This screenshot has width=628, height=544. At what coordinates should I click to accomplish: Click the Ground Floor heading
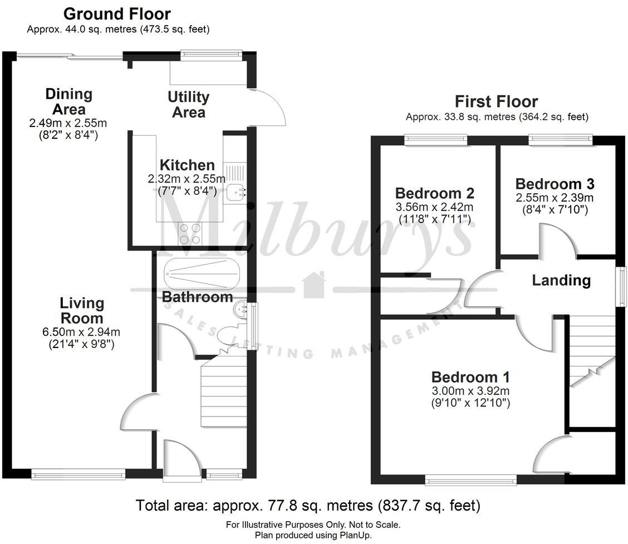[x=117, y=14]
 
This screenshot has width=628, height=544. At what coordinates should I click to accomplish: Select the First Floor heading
[x=496, y=101]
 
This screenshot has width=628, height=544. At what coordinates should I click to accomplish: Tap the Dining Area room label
[x=69, y=101]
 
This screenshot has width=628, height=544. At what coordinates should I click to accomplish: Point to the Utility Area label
[x=189, y=105]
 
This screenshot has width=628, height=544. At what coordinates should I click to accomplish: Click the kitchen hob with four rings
[x=190, y=233]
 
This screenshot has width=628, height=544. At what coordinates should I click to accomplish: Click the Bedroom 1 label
[x=470, y=376]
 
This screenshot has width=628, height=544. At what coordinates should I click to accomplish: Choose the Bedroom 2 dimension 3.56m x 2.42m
[x=434, y=207]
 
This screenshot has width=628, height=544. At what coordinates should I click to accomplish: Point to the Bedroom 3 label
[x=555, y=184]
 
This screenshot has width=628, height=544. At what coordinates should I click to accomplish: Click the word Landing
[x=561, y=280]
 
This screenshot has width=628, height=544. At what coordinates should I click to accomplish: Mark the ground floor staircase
[x=223, y=393]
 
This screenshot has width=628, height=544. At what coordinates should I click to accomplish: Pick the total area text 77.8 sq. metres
[x=307, y=506]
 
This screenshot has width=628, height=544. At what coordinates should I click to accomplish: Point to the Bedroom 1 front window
[x=470, y=478]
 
